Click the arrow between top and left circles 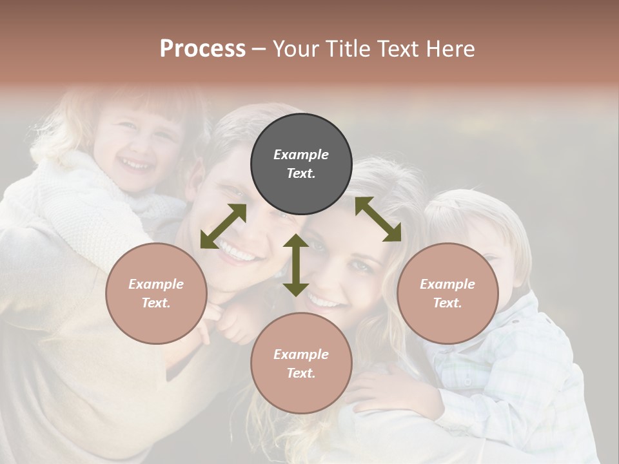(x=223, y=226)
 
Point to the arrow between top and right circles (x=378, y=219)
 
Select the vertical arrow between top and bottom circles (x=296, y=265)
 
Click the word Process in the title (x=202, y=48)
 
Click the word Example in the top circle (x=301, y=155)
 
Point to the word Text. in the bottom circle (x=301, y=373)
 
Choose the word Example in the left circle (x=156, y=284)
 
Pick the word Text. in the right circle (x=447, y=303)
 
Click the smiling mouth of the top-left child (x=136, y=166)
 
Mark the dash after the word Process (x=259, y=49)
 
